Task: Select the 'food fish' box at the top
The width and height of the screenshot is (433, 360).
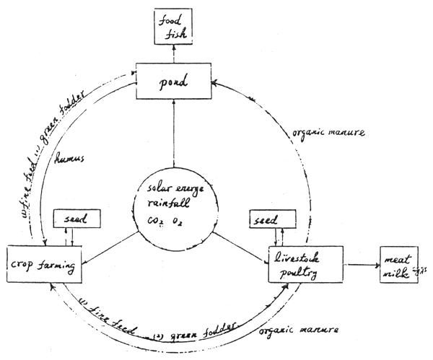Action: click(x=173, y=24)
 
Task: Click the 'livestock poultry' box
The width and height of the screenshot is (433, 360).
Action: click(x=304, y=264)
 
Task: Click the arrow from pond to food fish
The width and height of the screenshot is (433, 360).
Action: click(x=173, y=53)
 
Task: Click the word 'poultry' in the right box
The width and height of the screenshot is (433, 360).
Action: click(x=299, y=271)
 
